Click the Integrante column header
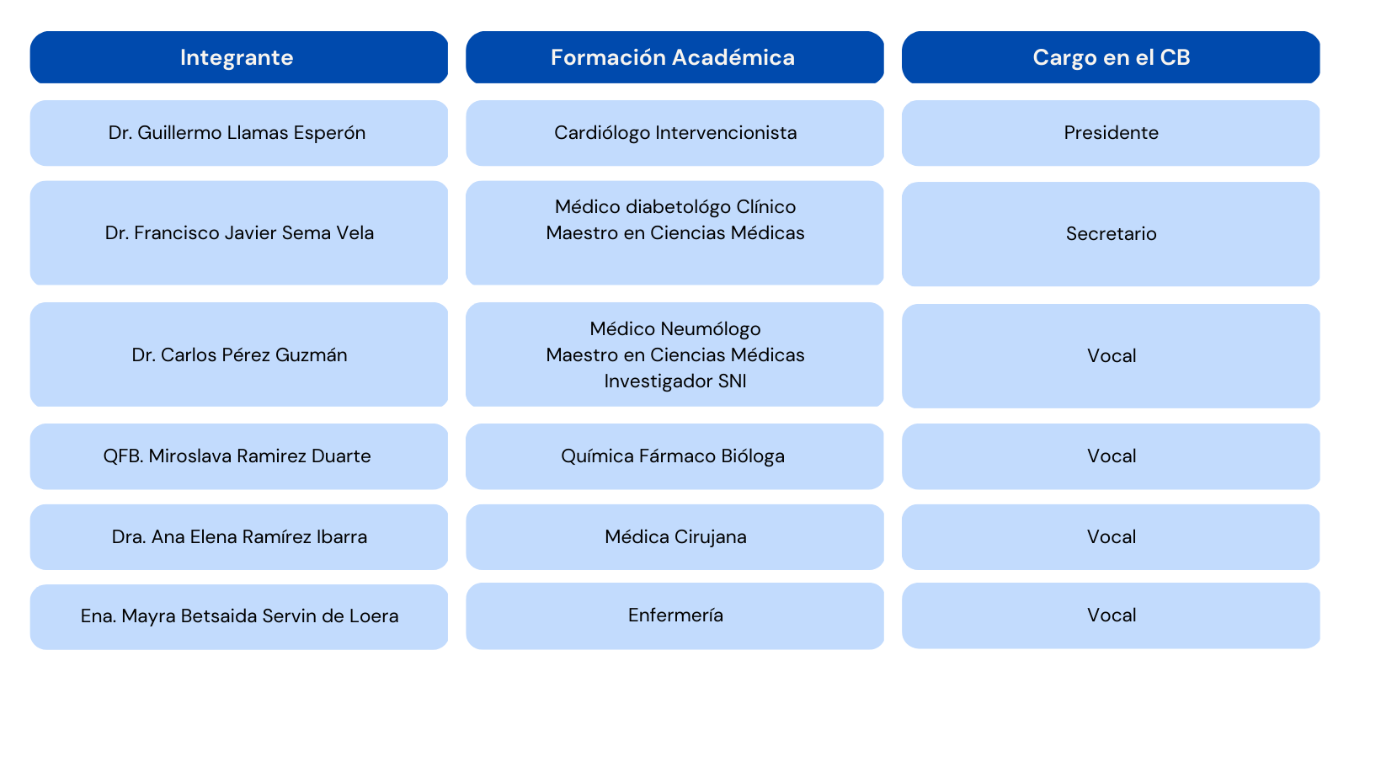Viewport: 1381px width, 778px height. click(237, 57)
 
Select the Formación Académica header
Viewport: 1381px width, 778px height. click(673, 57)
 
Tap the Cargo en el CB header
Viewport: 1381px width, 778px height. click(1111, 57)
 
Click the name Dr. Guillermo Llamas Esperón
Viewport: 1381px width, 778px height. click(237, 133)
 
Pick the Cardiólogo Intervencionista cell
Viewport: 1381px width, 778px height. click(675, 133)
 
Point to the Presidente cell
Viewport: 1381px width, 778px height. click(1111, 133)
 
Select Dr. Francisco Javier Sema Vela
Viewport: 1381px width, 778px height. click(239, 233)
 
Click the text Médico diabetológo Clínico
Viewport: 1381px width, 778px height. click(675, 207)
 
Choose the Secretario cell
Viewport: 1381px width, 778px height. click(1111, 234)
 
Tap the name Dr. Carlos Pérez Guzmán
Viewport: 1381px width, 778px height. click(239, 355)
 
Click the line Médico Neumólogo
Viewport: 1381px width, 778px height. click(675, 329)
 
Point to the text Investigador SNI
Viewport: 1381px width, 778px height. click(675, 381)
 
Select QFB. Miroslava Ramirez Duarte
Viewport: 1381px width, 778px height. click(237, 456)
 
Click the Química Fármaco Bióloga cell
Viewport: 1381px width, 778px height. click(673, 456)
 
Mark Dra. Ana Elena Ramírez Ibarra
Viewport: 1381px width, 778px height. click(239, 537)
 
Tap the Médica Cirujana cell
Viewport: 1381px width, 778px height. click(675, 537)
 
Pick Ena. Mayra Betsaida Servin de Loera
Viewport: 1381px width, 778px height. click(239, 616)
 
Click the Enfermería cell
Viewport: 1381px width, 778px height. click(675, 615)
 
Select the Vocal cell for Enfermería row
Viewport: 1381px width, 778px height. click(1111, 615)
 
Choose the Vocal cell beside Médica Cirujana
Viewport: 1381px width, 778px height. click(1111, 537)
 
